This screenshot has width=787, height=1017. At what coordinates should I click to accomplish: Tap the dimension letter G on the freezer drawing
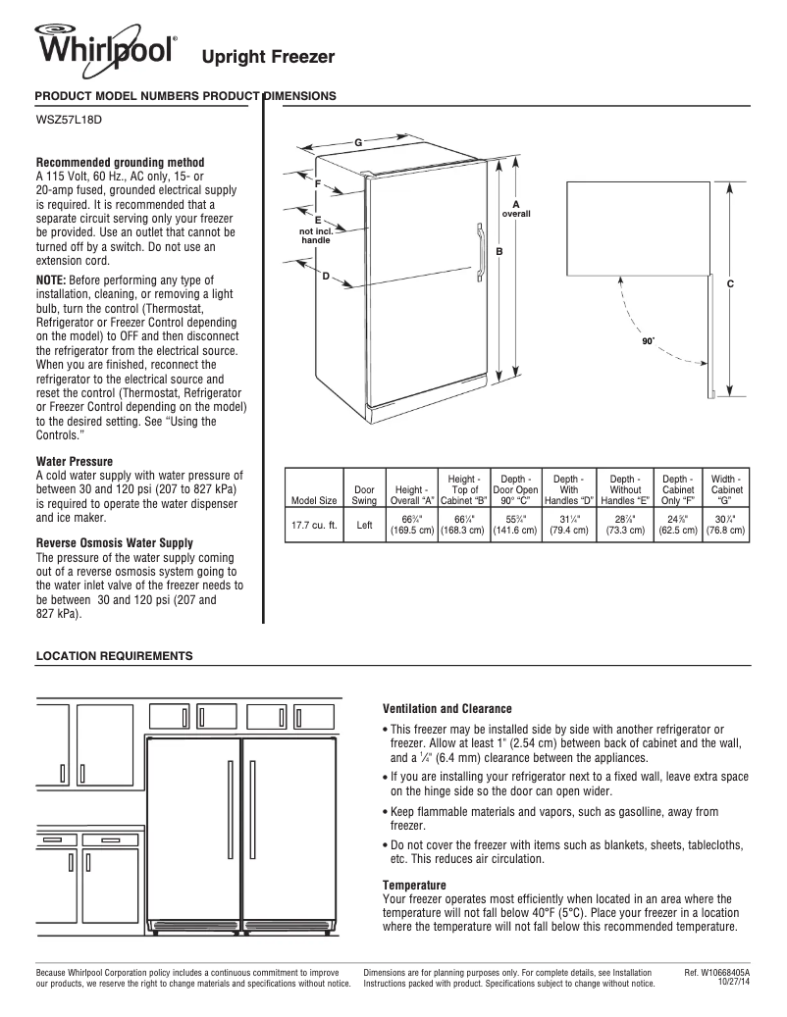[x=358, y=143]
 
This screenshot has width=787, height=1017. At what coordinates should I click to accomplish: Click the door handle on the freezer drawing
[x=481, y=253]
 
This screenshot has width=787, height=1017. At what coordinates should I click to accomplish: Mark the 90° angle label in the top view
[x=648, y=343]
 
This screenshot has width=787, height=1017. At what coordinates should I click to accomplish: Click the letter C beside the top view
[x=730, y=283]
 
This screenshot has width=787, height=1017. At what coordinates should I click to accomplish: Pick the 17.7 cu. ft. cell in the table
[x=314, y=525]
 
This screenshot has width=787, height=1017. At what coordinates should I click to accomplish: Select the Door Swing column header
[x=364, y=494]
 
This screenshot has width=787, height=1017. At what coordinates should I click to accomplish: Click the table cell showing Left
[x=364, y=525]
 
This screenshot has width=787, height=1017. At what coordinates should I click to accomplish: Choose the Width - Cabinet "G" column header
[x=726, y=488]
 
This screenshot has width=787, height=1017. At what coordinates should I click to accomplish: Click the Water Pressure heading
[x=75, y=461]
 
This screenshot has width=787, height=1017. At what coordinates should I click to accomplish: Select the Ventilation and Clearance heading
[x=446, y=708]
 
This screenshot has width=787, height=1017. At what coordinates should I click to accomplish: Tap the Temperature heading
[x=414, y=886]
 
